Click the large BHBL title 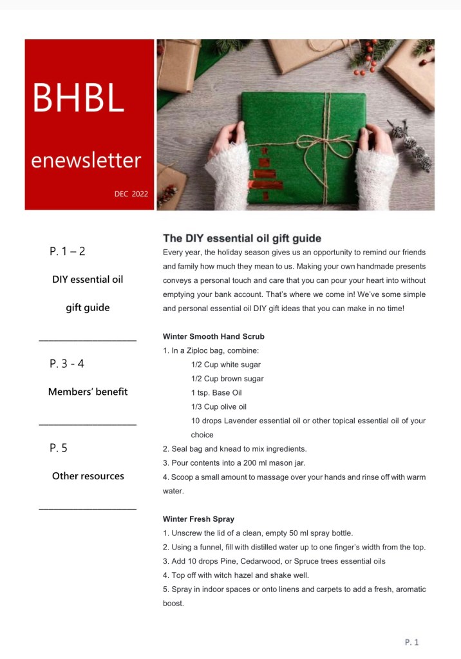(x=78, y=98)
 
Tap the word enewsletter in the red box (x=86, y=159)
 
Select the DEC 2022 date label (x=131, y=194)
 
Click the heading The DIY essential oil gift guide (x=241, y=238)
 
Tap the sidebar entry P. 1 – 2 (x=68, y=251)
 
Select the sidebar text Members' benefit (x=88, y=392)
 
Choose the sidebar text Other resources (x=88, y=476)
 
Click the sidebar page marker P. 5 (x=59, y=448)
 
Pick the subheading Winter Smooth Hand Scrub (x=213, y=337)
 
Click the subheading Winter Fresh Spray (x=198, y=519)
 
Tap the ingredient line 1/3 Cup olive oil (x=219, y=407)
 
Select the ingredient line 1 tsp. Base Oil (x=216, y=393)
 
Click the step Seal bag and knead (x=234, y=449)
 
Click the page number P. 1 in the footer (x=411, y=642)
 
